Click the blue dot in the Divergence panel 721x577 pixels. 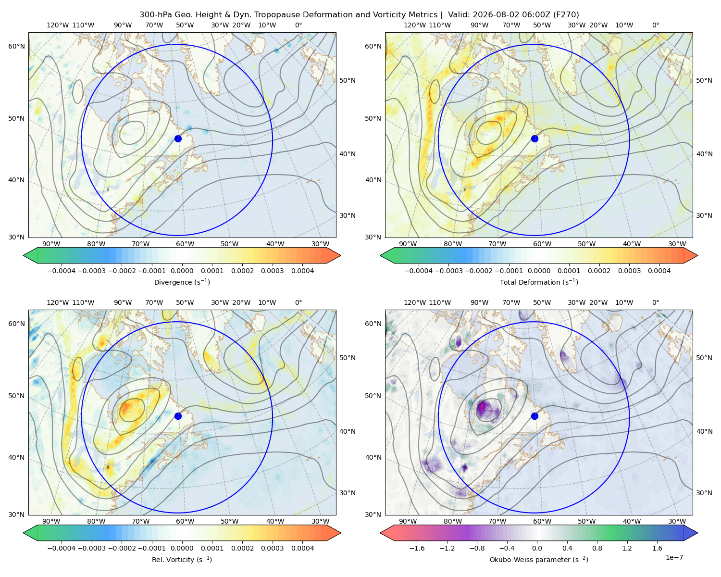pos(178,138)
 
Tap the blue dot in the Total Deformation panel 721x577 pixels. pos(535,138)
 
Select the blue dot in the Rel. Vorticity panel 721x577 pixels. pos(178,416)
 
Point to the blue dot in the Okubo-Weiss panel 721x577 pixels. pos(535,416)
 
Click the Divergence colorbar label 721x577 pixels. pos(182,282)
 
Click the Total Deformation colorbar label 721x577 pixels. pos(539,282)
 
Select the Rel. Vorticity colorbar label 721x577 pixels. pos(182,559)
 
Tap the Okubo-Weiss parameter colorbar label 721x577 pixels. pos(539,559)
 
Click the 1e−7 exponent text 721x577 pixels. pos(674,557)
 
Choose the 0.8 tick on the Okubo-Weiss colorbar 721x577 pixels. pos(597,548)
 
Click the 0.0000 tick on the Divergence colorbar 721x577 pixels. pos(182,271)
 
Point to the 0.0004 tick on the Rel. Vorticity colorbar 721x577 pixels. pos(302,548)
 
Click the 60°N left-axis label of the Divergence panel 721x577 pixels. pos(16,46)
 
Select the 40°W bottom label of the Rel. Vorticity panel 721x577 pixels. pos(275,521)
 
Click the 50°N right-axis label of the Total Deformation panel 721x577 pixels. pos(704,80)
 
